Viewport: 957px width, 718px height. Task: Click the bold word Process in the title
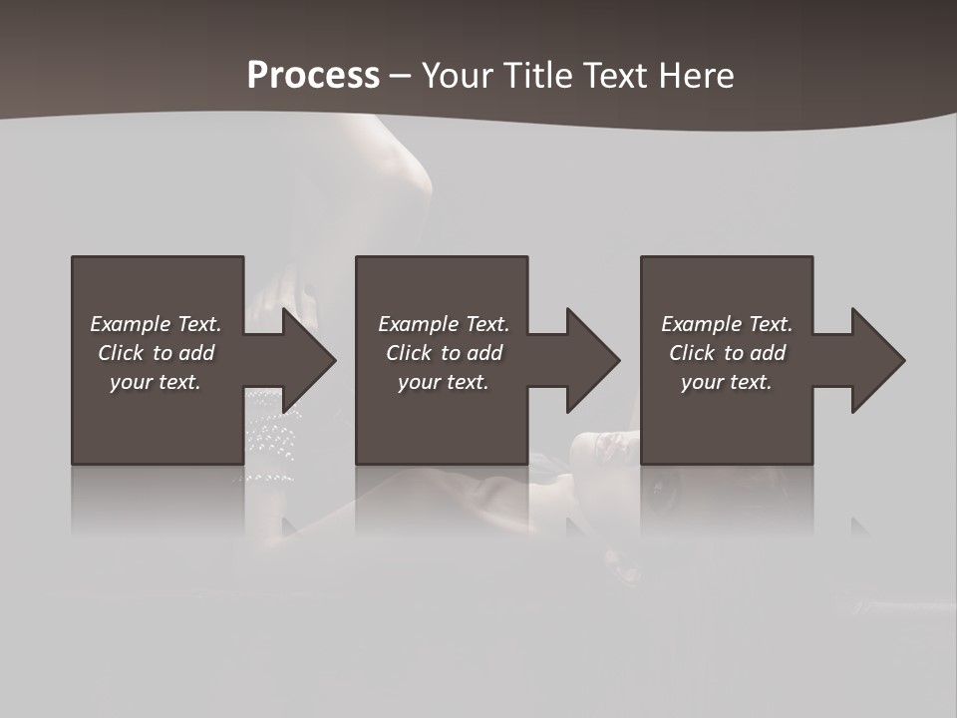[x=313, y=76]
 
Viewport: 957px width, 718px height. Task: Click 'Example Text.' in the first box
[x=156, y=324]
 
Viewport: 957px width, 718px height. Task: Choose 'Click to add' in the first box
[x=156, y=353]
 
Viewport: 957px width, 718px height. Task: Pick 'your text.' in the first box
[x=156, y=382]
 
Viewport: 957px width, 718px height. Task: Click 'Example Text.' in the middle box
[x=444, y=324]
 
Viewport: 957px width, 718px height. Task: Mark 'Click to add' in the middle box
[x=444, y=353]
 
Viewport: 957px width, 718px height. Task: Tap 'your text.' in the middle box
[x=444, y=382]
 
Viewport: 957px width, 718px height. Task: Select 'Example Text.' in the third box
[x=727, y=324]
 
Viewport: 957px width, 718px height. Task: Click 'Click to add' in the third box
[x=727, y=353]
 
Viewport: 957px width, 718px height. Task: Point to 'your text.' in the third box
[x=727, y=382]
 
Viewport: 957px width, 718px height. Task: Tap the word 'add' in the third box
[x=768, y=353]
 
